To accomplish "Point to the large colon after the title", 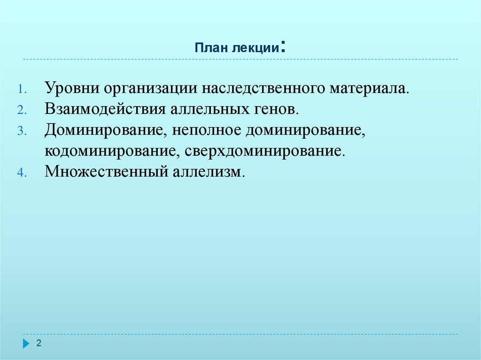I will [284, 47].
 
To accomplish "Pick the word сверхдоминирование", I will [264, 151].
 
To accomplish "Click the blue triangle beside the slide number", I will [26, 344].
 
